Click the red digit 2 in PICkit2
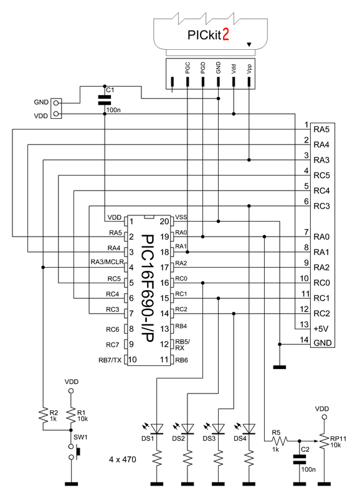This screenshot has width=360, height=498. (225, 35)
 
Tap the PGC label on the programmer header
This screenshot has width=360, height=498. (187, 68)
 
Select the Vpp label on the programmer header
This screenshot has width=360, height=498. (249, 69)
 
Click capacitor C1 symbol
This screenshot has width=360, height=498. (105, 100)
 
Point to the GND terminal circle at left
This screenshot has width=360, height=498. (56, 103)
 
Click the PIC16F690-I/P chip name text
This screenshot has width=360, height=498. (146, 289)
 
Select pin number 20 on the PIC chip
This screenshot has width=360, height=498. (164, 221)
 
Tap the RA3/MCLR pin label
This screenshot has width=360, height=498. (107, 262)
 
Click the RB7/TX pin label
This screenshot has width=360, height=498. (110, 360)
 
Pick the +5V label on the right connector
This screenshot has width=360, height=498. (321, 329)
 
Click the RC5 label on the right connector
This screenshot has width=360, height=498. (321, 176)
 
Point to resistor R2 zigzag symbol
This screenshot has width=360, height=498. (43, 415)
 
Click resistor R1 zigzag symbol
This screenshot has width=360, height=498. (71, 415)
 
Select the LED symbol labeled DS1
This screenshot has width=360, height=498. (156, 429)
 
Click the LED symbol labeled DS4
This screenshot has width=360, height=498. (249, 429)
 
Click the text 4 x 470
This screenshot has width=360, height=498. (122, 459)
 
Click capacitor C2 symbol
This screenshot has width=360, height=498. (300, 459)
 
